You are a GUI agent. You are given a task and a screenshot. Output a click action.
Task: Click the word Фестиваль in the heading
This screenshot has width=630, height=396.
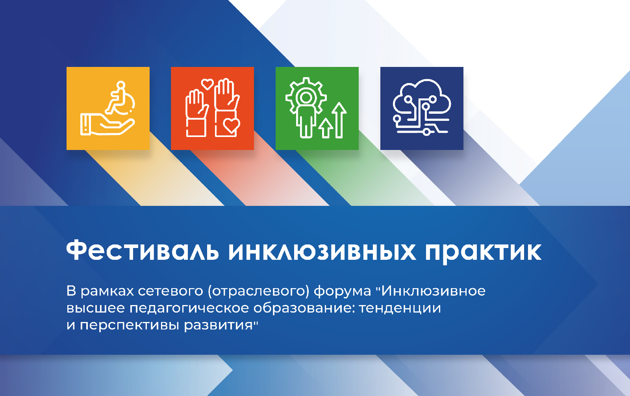pyautogui.click(x=142, y=250)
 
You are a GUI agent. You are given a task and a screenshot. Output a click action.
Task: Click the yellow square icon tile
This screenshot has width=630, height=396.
pyautogui.click(x=108, y=108)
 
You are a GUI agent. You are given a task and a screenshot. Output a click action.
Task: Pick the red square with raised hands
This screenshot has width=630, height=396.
pyautogui.click(x=212, y=108)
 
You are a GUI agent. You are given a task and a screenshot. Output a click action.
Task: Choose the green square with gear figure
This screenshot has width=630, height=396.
pyautogui.click(x=317, y=108)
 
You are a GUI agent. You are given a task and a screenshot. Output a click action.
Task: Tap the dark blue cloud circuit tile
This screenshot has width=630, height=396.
pyautogui.click(x=422, y=108)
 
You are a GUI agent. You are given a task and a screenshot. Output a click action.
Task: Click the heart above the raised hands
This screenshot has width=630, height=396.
pyautogui.click(x=208, y=84)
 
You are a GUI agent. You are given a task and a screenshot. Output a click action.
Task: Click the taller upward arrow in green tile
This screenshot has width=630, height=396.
pyautogui.click(x=339, y=120)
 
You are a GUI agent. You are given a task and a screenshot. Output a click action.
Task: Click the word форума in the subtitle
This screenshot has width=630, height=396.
pyautogui.click(x=342, y=292)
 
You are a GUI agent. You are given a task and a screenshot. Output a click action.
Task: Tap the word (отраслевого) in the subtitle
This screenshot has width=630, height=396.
pyautogui.click(x=259, y=292)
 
